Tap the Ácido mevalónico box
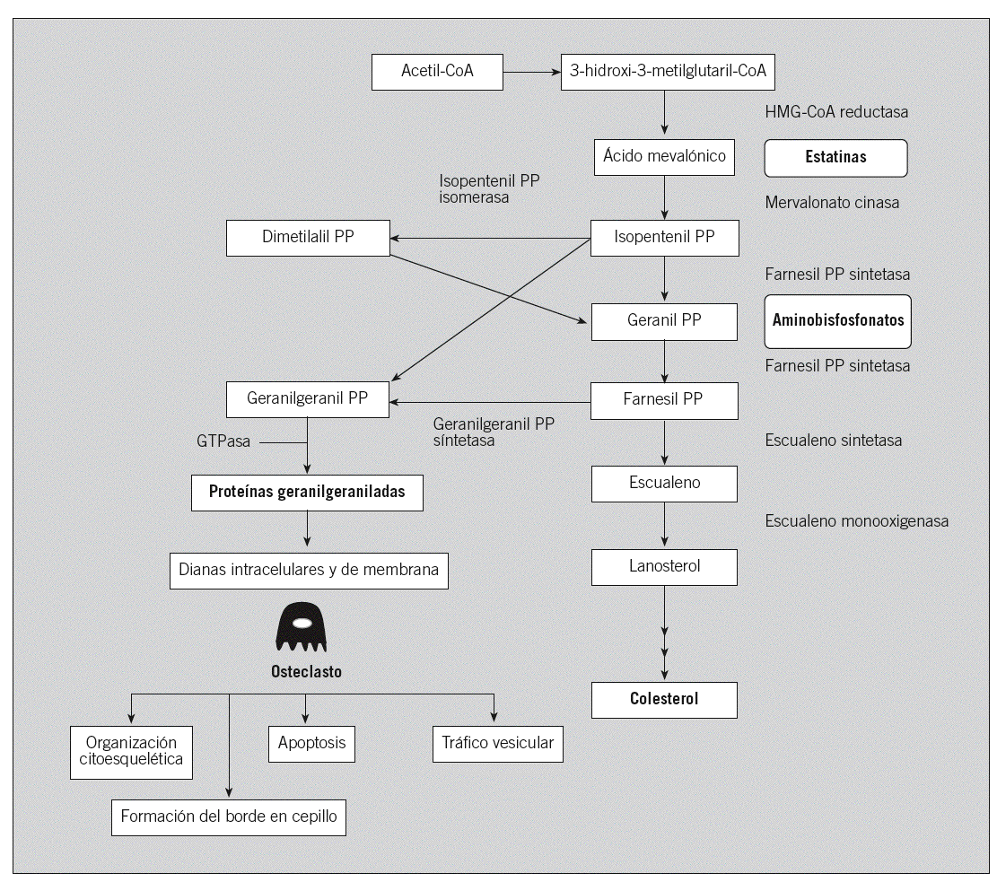tap(664, 157)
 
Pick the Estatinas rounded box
tap(835, 158)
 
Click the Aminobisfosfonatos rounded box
tap(838, 320)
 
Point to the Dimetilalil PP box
tap(308, 238)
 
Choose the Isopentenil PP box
tap(664, 238)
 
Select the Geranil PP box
tap(664, 320)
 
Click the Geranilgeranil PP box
tap(308, 399)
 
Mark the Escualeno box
tap(664, 483)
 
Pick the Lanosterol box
tap(664, 566)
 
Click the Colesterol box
tap(664, 699)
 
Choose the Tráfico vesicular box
tap(498, 744)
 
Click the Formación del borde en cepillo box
tap(229, 817)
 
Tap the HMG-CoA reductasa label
tap(836, 112)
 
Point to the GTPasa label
tap(223, 441)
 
